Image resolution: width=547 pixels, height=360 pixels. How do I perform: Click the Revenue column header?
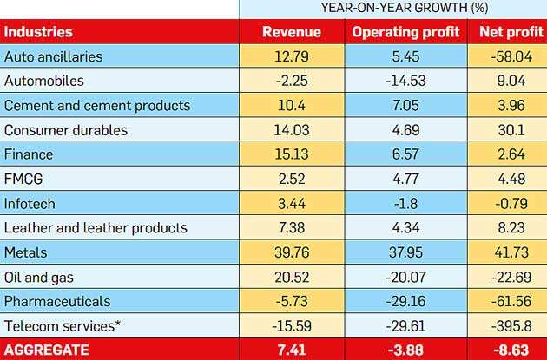291,32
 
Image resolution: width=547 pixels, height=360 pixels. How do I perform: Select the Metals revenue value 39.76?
292,253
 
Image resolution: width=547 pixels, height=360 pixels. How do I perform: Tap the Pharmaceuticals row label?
59,302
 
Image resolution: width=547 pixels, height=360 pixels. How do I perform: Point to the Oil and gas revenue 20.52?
292,278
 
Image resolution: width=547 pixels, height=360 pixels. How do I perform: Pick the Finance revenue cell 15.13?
292,154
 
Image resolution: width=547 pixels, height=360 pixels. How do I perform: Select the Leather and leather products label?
96,228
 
